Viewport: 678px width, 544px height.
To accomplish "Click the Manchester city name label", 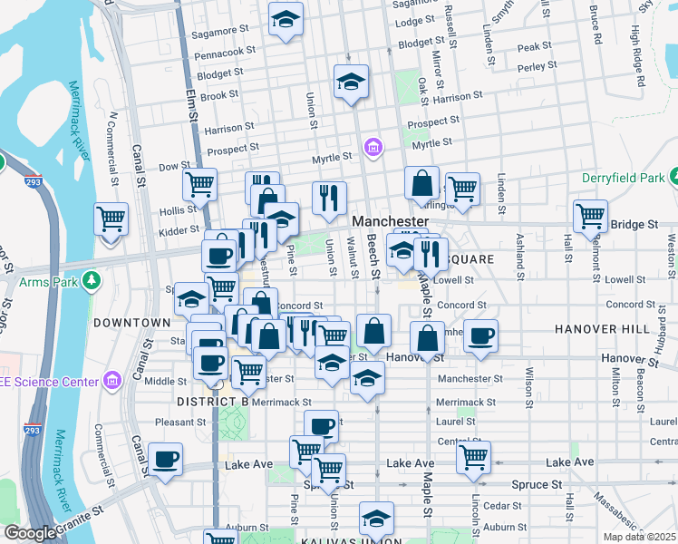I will pos(389,221).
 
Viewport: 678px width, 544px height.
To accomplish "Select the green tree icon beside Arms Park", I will pos(91,281).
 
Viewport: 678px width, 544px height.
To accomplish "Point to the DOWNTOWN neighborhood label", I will pos(131,322).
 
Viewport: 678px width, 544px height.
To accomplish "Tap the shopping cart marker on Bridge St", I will pos(590,219).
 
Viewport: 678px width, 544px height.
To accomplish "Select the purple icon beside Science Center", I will pos(111,379).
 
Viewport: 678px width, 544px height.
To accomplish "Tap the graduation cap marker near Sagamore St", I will pos(286,19).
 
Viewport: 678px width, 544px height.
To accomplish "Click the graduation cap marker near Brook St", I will pos(351,83).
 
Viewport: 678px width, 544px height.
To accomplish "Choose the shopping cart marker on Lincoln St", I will pos(473,458).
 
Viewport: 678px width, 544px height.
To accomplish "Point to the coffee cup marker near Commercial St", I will pos(165,461).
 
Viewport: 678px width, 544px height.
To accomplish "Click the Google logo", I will pos(30,534).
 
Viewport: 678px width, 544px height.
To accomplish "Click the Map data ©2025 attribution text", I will pos(639,537).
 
